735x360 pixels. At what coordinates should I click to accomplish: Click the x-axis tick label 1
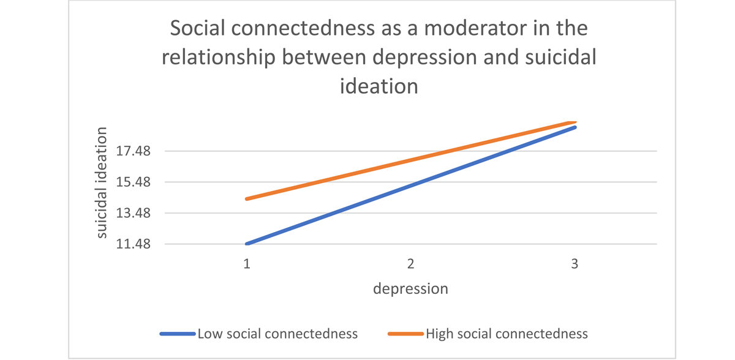pos(247,264)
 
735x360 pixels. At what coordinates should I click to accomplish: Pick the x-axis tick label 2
pos(411,264)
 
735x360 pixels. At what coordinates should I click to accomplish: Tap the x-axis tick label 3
pos(575,264)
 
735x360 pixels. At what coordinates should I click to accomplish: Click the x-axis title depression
pos(411,288)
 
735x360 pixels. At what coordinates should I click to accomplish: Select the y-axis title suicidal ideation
pos(102,182)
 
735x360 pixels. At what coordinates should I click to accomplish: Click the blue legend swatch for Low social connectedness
pos(178,334)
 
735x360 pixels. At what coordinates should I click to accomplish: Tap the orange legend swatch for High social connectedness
pos(405,334)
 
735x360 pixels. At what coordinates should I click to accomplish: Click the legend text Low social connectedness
pos(277,334)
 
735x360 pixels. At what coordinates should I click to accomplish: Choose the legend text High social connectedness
pos(507,334)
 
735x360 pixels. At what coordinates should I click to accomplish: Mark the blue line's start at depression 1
pos(247,244)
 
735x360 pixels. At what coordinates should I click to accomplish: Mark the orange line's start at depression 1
pos(247,199)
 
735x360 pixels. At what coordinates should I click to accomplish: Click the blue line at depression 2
pos(411,185)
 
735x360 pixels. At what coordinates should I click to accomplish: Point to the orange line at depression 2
pos(411,160)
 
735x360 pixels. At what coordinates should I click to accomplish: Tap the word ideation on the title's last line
pos(379,85)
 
